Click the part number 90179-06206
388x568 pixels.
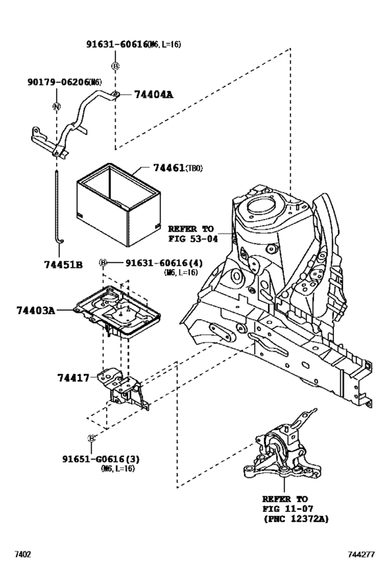tap(51, 81)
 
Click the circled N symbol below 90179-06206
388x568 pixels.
tap(55, 106)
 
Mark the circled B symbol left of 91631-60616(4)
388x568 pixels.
tap(103, 263)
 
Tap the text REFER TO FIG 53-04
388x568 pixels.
tap(192, 233)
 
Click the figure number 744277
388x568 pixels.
tap(360, 556)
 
